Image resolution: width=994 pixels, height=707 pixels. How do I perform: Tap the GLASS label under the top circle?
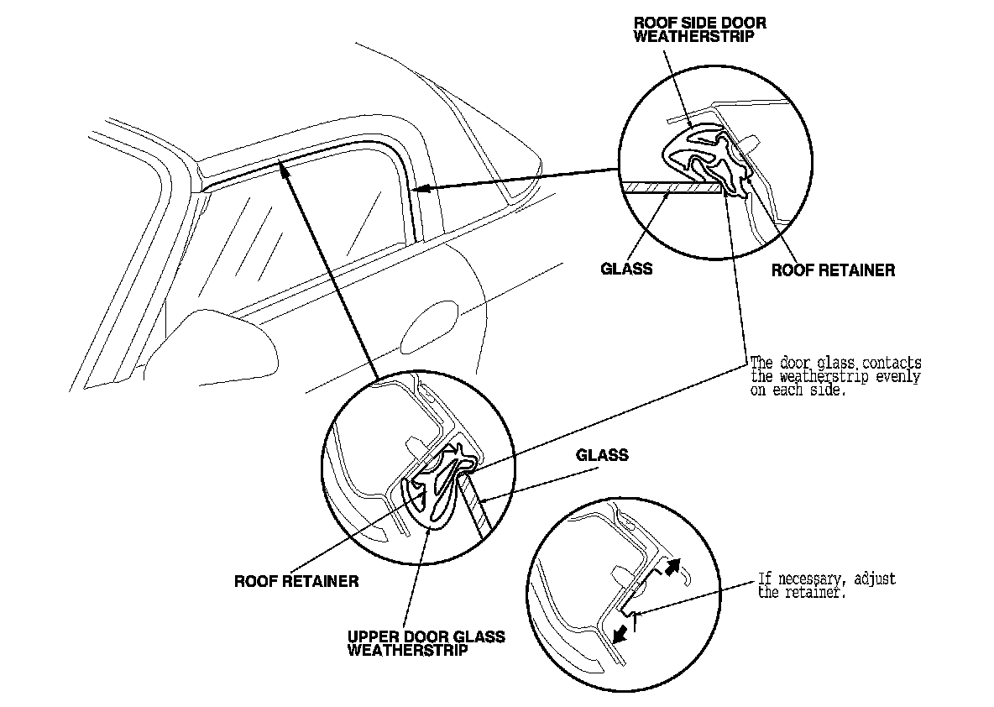[627, 270]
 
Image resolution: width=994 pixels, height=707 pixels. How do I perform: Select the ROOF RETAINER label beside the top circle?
[833, 270]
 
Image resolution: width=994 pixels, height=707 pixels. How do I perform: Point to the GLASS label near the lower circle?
[602, 455]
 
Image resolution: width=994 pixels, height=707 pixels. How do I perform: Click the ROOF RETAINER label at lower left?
[297, 581]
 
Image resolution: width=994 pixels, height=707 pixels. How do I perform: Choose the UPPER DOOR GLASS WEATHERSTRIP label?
[426, 643]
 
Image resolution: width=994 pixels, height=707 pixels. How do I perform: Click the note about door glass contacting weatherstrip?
[834, 377]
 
